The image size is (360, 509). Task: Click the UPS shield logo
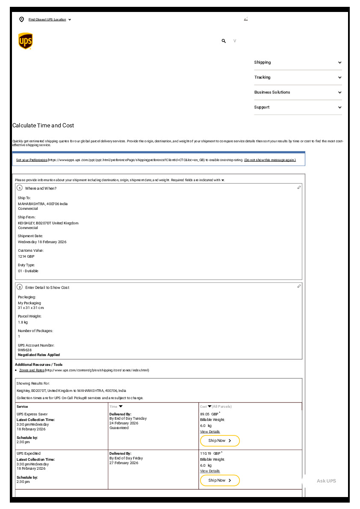(25, 41)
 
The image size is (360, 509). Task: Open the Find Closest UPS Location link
(47, 20)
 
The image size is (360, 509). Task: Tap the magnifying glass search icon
(224, 41)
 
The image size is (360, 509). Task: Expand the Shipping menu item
(298, 62)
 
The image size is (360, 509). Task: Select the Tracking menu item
(298, 77)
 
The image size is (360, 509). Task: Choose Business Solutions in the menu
(298, 92)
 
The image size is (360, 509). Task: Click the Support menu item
(298, 107)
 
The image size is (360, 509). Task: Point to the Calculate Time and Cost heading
(43, 126)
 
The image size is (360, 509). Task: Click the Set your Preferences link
(32, 160)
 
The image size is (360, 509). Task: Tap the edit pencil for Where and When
(299, 188)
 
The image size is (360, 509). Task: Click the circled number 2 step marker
(20, 287)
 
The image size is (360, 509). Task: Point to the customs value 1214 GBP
(26, 256)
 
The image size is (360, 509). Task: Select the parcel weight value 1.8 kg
(23, 322)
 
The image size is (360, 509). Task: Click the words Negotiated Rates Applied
(39, 355)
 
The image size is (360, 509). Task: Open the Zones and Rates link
(32, 370)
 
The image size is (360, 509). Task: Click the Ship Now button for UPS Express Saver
(220, 441)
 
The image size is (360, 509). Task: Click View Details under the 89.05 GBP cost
(210, 432)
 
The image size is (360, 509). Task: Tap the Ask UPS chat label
(326, 481)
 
